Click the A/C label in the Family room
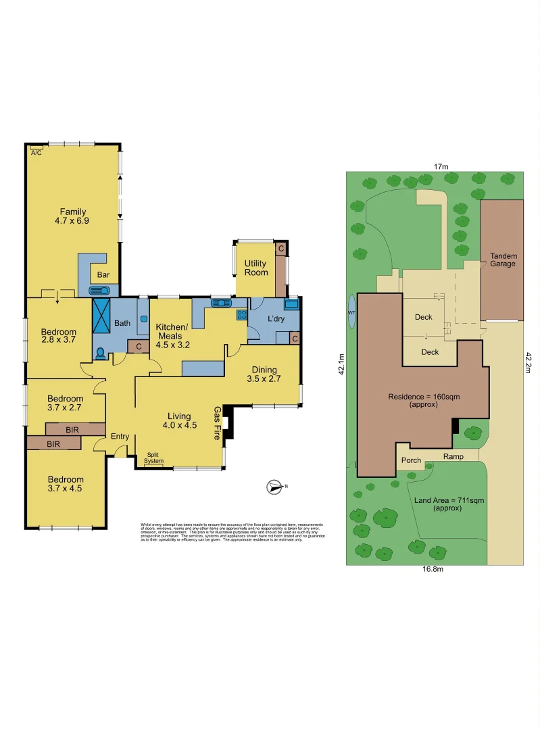(x=36, y=152)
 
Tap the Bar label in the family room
(x=103, y=275)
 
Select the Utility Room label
(x=255, y=268)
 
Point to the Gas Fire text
(x=218, y=423)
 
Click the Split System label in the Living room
(x=153, y=458)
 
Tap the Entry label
(x=120, y=437)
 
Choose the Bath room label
(x=122, y=323)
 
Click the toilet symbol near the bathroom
(x=101, y=353)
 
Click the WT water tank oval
(x=350, y=312)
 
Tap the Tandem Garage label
(x=503, y=260)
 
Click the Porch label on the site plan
(x=411, y=460)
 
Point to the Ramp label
(x=453, y=456)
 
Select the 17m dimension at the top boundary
(x=441, y=166)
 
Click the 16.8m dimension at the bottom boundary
(x=433, y=569)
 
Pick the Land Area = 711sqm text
(x=444, y=504)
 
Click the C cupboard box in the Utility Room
(x=280, y=249)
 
